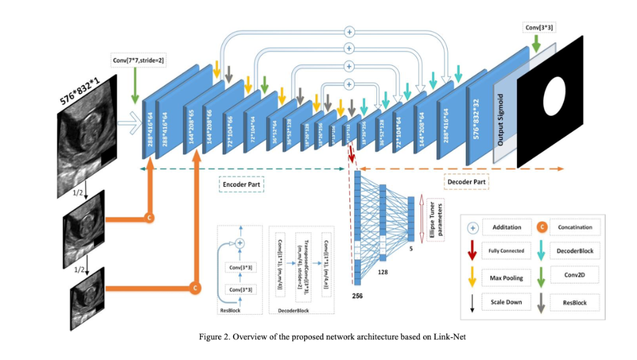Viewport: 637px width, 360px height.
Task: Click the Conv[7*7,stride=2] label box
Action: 138,61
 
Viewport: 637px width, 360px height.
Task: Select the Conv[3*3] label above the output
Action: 542,27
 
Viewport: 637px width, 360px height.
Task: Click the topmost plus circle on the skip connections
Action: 348,31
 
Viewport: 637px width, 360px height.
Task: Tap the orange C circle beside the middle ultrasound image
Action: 148,217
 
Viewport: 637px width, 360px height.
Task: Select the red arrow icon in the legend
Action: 473,250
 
